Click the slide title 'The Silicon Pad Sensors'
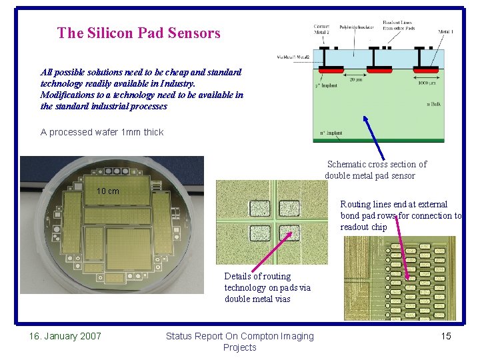pyautogui.click(x=139, y=33)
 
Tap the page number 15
pyautogui.click(x=446, y=336)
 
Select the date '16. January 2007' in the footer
pyautogui.click(x=65, y=336)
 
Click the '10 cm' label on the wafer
pyautogui.click(x=107, y=191)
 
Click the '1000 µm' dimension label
pyautogui.click(x=428, y=82)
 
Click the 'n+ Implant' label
pyautogui.click(x=331, y=133)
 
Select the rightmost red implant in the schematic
pyautogui.click(x=426, y=70)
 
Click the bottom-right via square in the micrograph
pyautogui.click(x=289, y=233)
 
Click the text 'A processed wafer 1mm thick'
pyautogui.click(x=102, y=132)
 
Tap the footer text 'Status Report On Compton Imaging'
pyautogui.click(x=239, y=336)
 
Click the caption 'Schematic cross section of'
pyautogui.click(x=377, y=164)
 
